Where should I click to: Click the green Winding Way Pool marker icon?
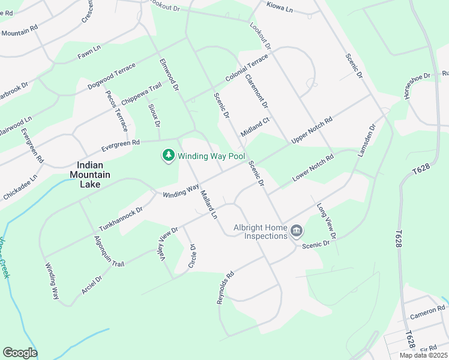click(x=169, y=156)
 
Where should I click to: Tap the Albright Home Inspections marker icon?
click(x=296, y=231)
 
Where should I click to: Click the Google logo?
click(x=20, y=353)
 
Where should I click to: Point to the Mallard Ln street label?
click(x=208, y=204)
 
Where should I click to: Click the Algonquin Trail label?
click(x=109, y=251)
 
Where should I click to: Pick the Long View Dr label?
click(x=326, y=220)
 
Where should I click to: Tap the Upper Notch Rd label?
click(x=312, y=130)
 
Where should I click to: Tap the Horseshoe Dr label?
click(x=417, y=86)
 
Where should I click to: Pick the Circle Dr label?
click(x=193, y=255)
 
